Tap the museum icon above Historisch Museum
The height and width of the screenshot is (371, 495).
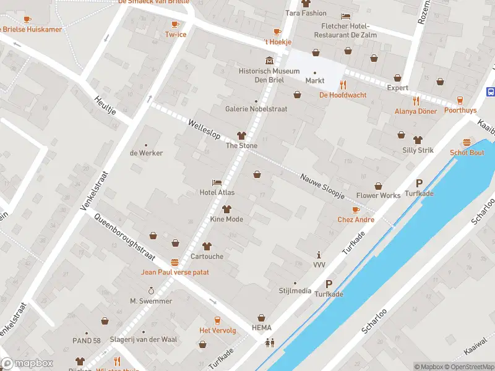[x=269, y=61]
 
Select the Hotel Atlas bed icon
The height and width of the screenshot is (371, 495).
[x=217, y=183]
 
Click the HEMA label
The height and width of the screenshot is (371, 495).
[x=261, y=327]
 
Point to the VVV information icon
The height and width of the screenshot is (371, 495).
[x=319, y=255]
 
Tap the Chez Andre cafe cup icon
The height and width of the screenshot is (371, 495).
[x=356, y=210]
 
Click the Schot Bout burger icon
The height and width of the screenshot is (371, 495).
[x=467, y=142]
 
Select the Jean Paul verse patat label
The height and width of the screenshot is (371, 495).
[x=175, y=272]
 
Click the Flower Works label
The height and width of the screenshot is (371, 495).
[x=378, y=195]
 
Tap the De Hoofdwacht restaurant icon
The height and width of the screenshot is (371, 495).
[x=342, y=85]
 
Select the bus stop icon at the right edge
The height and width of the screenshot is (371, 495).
[x=491, y=92]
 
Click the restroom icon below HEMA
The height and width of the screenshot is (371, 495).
[x=270, y=342]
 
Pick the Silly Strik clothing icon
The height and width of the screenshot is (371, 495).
[x=418, y=139]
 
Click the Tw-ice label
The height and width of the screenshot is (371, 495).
[x=175, y=34]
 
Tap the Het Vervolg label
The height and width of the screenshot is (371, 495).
[x=217, y=330]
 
